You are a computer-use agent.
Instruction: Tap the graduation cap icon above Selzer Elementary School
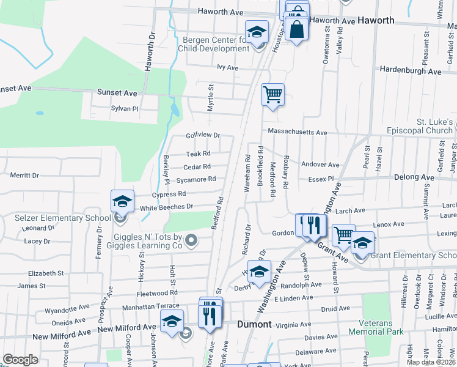[x=122, y=201]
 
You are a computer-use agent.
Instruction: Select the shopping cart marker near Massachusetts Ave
[x=272, y=95]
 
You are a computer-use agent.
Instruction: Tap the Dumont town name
[x=254, y=324]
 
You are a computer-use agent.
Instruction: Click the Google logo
[x=20, y=359]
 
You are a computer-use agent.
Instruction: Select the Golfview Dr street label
[x=202, y=135]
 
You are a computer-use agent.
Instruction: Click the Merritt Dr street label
[x=24, y=175]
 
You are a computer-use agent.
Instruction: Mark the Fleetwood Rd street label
[x=157, y=292]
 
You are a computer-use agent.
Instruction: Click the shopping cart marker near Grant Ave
[x=343, y=235]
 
